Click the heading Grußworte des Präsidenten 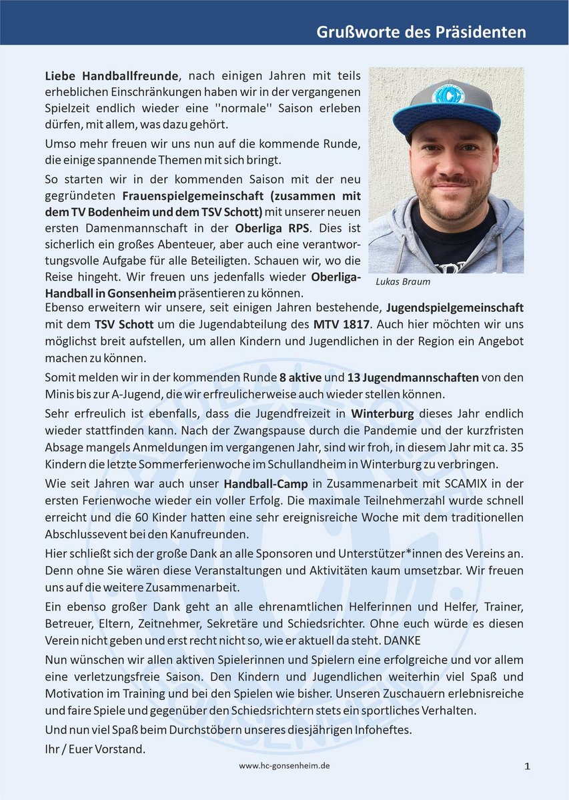[x=421, y=33]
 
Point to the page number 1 [x=527, y=767]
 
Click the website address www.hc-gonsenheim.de [x=284, y=766]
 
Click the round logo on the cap [x=446, y=93]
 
